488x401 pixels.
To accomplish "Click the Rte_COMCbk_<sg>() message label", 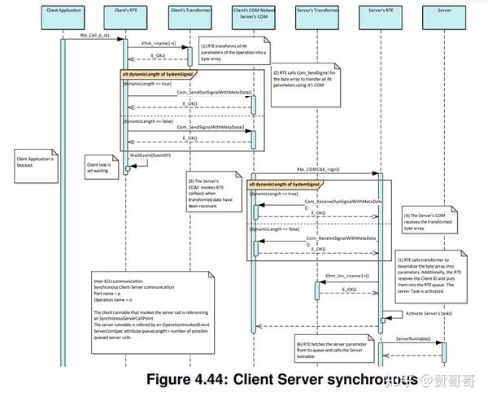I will [x=317, y=169].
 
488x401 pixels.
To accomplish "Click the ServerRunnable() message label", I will [x=412, y=338].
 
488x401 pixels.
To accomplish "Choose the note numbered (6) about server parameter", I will [x=328, y=348].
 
